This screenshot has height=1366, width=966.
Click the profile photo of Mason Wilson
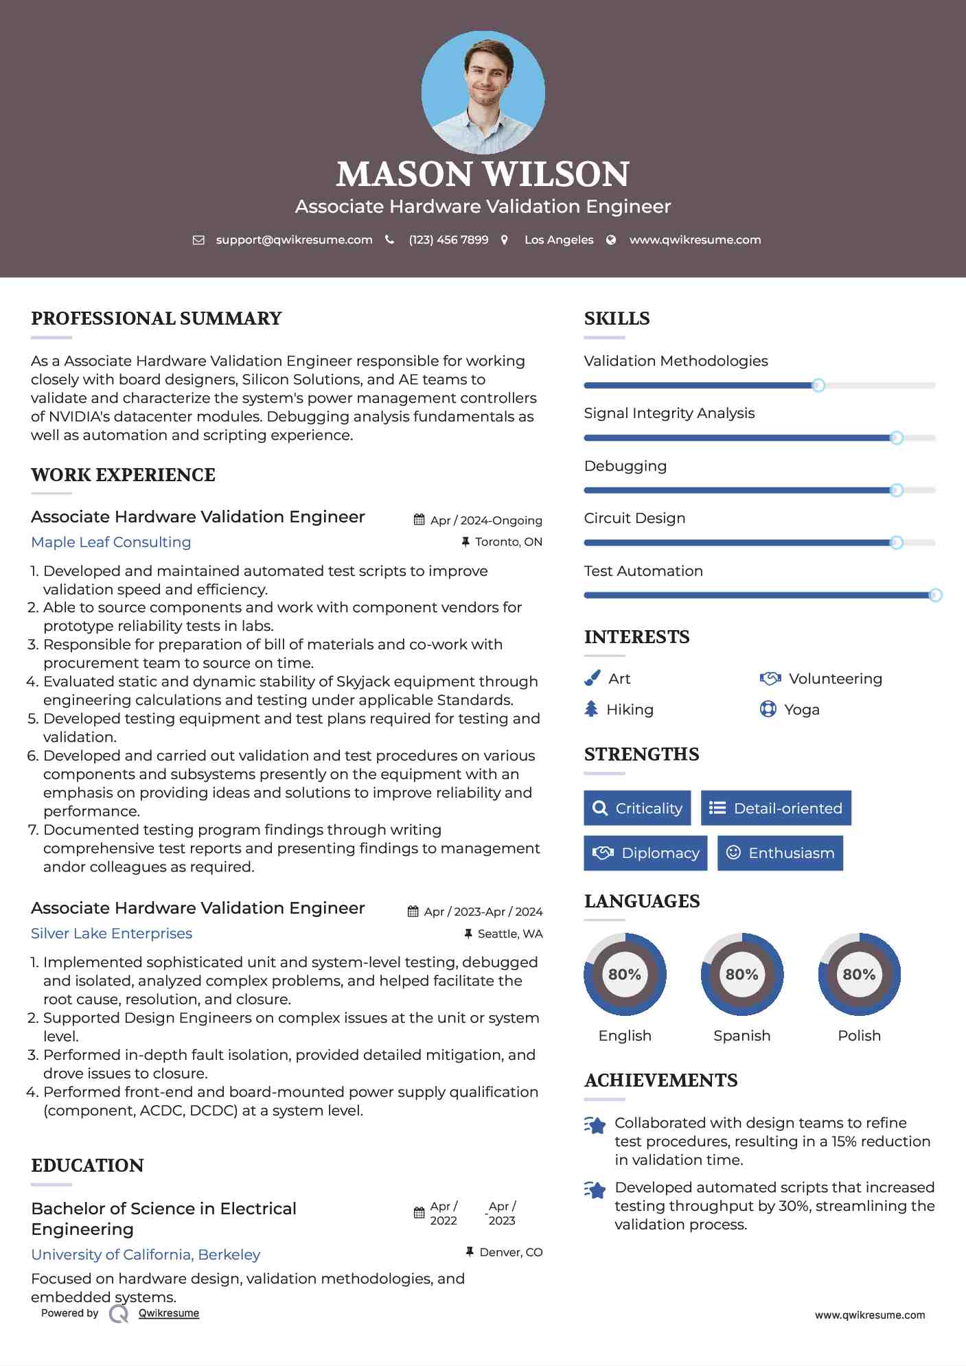(x=483, y=92)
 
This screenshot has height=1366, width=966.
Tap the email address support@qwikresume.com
(x=294, y=240)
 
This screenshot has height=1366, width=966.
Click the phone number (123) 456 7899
(x=448, y=240)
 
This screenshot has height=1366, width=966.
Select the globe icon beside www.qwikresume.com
(x=611, y=240)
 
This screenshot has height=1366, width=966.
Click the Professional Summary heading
(x=157, y=319)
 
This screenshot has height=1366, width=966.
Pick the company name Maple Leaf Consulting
(x=111, y=542)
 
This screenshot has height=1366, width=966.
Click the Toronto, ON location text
(x=508, y=542)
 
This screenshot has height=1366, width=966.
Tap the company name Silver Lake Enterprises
(x=111, y=934)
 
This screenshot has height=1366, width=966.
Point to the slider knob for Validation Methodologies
(x=818, y=385)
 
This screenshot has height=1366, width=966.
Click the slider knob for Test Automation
(x=935, y=595)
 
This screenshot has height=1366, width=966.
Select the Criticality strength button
(x=637, y=808)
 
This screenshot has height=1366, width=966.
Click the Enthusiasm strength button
(x=780, y=853)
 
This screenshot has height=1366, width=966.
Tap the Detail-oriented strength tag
(x=776, y=808)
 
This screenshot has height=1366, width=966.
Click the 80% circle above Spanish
(x=741, y=974)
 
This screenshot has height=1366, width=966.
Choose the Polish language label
(x=859, y=1035)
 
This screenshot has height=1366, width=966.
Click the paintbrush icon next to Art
(x=592, y=678)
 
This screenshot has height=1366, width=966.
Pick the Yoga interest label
(x=802, y=710)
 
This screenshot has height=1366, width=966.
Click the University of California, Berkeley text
(x=146, y=1254)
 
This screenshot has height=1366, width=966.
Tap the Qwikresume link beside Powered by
(x=169, y=1313)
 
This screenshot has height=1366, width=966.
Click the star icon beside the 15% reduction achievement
(x=595, y=1125)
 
